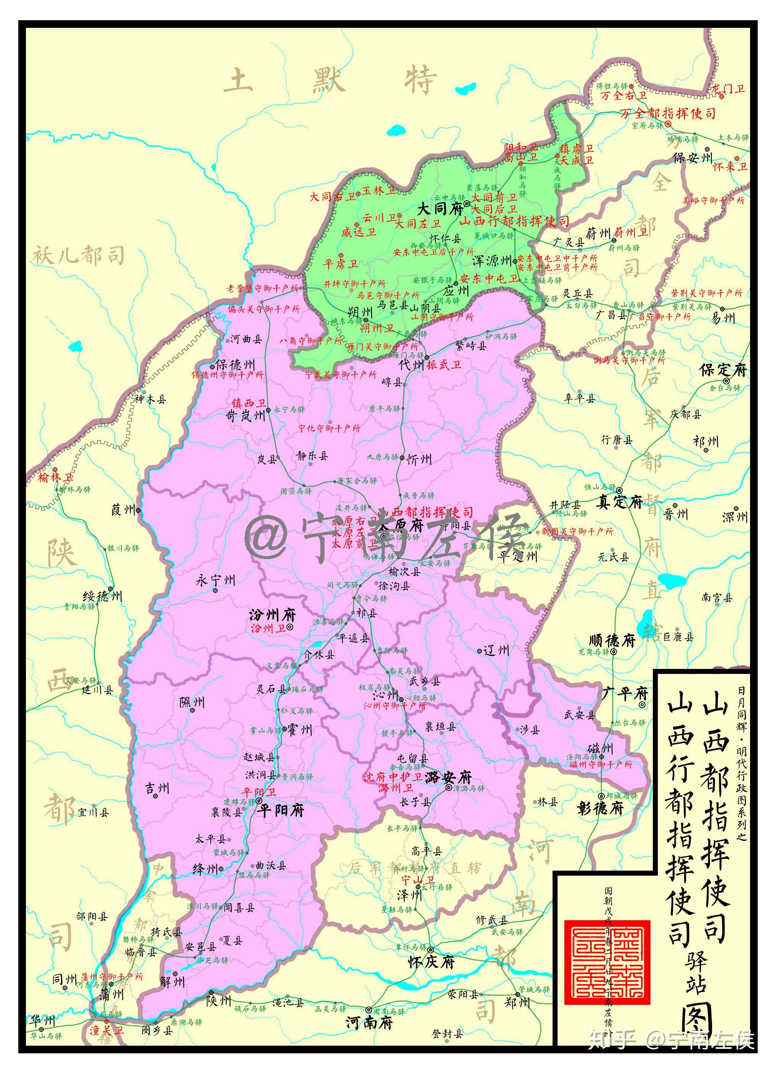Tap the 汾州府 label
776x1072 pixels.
coord(272,615)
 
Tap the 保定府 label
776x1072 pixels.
coord(723,370)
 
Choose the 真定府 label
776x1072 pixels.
coord(619,503)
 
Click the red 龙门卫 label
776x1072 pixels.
coord(728,88)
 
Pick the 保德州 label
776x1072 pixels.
coord(235,365)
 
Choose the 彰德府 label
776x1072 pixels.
coord(600,808)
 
